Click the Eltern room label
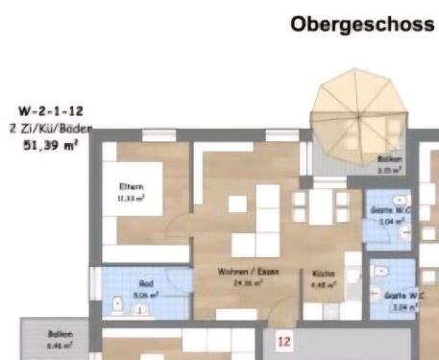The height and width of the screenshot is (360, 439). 131,186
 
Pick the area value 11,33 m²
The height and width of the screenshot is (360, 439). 131,197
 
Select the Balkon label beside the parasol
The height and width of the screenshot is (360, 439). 389,159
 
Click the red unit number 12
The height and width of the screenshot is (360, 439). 283,340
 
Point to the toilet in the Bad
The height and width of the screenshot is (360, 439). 118,305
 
